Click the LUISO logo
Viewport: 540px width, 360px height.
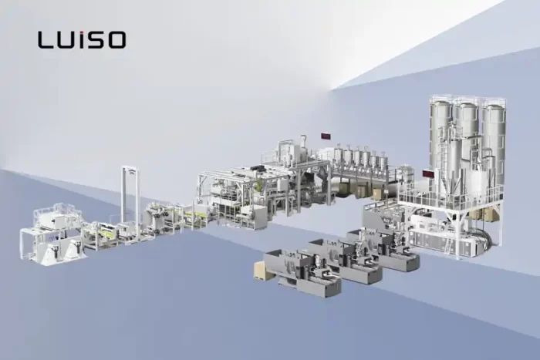[x=81, y=39]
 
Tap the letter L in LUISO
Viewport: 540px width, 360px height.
[x=44, y=39]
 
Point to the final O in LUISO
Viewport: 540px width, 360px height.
[x=116, y=39]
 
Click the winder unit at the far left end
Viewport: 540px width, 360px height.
[x=50, y=235]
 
